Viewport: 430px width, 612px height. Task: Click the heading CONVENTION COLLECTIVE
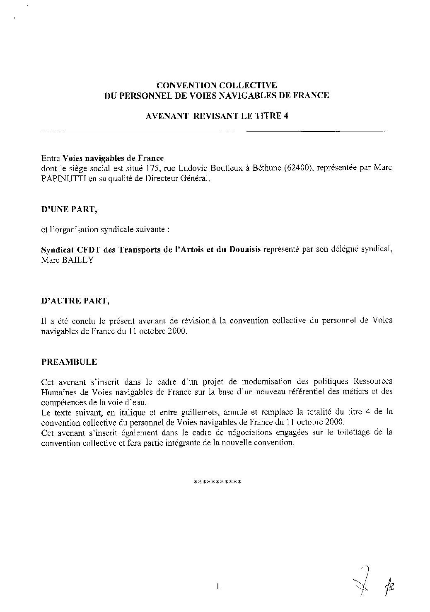[217, 86]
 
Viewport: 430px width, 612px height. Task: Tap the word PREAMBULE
[69, 362]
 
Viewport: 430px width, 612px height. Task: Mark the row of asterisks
[217, 482]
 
